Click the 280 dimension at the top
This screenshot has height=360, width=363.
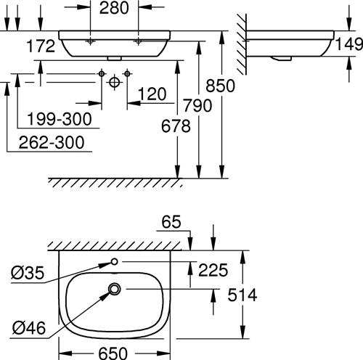tap(114, 8)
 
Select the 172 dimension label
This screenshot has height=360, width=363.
tap(41, 46)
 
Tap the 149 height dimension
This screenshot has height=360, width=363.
tap(349, 44)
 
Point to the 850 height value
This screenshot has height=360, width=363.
tap(220, 86)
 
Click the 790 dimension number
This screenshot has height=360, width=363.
tap(197, 105)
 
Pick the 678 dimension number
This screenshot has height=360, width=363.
tap(176, 126)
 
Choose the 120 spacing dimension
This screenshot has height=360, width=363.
tap(152, 94)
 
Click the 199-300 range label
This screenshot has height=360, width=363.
tap(60, 119)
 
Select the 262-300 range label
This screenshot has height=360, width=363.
tap(52, 142)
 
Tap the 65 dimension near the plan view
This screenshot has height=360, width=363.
tap(171, 222)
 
